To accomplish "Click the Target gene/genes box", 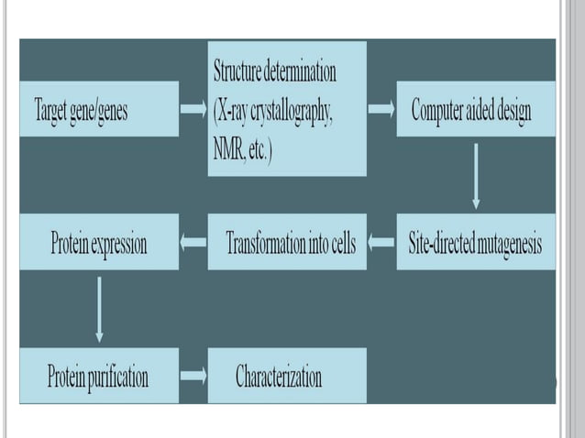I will pyautogui.click(x=99, y=109).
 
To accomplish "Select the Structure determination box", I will pyautogui.click(x=287, y=109).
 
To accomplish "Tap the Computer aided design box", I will pyautogui.click(x=476, y=109).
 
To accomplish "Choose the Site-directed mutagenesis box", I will pyautogui.click(x=476, y=243).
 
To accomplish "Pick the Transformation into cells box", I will pyautogui.click(x=287, y=243).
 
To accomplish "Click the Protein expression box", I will pyautogui.click(x=99, y=243).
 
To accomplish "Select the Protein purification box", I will pyautogui.click(x=99, y=375).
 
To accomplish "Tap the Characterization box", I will pyautogui.click(x=287, y=375).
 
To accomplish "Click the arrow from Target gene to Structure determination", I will pyautogui.click(x=193, y=110).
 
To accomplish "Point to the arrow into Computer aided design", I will pyautogui.click(x=381, y=110).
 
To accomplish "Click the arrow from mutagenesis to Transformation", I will pyautogui.click(x=381, y=243).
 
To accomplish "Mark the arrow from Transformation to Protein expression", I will pyautogui.click(x=193, y=243).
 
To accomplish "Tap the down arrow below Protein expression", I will pyautogui.click(x=99, y=308).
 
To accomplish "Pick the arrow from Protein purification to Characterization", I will pyautogui.click(x=193, y=375).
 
